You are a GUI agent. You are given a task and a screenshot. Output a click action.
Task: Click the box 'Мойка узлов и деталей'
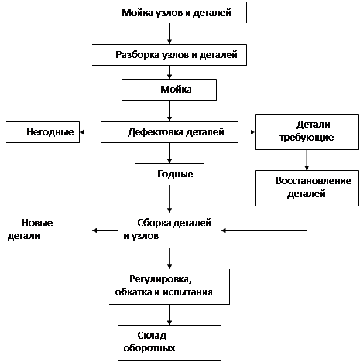tap(169, 13)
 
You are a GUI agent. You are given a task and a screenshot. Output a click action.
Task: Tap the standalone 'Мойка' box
tap(169, 90)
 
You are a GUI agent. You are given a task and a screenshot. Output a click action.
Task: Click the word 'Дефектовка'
tap(156, 132)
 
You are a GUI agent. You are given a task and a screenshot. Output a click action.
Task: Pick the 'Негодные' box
tap(43, 132)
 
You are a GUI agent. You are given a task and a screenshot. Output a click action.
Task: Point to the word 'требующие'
tap(307, 138)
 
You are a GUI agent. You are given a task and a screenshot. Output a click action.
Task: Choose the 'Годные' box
tap(169, 175)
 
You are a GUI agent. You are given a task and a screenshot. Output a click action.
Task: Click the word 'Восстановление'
tap(313, 180)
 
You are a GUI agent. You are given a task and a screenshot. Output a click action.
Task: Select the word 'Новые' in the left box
tap(37, 223)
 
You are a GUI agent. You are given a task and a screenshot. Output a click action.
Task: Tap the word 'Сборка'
tap(154, 223)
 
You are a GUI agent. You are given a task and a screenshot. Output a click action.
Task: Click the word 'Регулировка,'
tap(160, 279)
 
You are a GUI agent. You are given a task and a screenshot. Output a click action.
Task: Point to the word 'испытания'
tap(188, 292)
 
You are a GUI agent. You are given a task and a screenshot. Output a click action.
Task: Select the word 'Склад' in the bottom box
tap(152, 336)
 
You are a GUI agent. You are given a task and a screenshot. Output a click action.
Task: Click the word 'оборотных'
tap(149, 348)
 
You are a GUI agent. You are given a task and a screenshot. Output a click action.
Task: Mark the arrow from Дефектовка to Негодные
tap(90, 132)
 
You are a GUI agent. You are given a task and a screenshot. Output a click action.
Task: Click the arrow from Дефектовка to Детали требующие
tap(246, 132)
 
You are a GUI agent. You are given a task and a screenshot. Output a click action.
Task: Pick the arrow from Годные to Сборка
tap(169, 199)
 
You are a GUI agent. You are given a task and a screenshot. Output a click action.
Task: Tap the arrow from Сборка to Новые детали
tap(105, 230)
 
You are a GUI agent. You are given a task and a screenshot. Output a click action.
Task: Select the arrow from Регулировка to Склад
tap(169, 315)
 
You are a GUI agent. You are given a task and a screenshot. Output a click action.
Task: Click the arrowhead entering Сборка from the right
tap(224, 230)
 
